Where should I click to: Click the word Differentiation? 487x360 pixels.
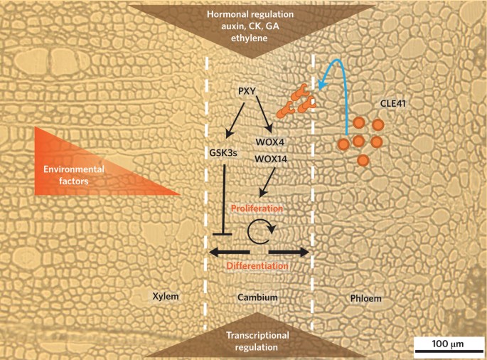tap(257, 266)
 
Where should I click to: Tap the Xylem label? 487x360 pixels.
tap(165, 295)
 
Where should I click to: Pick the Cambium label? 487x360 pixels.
tap(257, 295)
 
